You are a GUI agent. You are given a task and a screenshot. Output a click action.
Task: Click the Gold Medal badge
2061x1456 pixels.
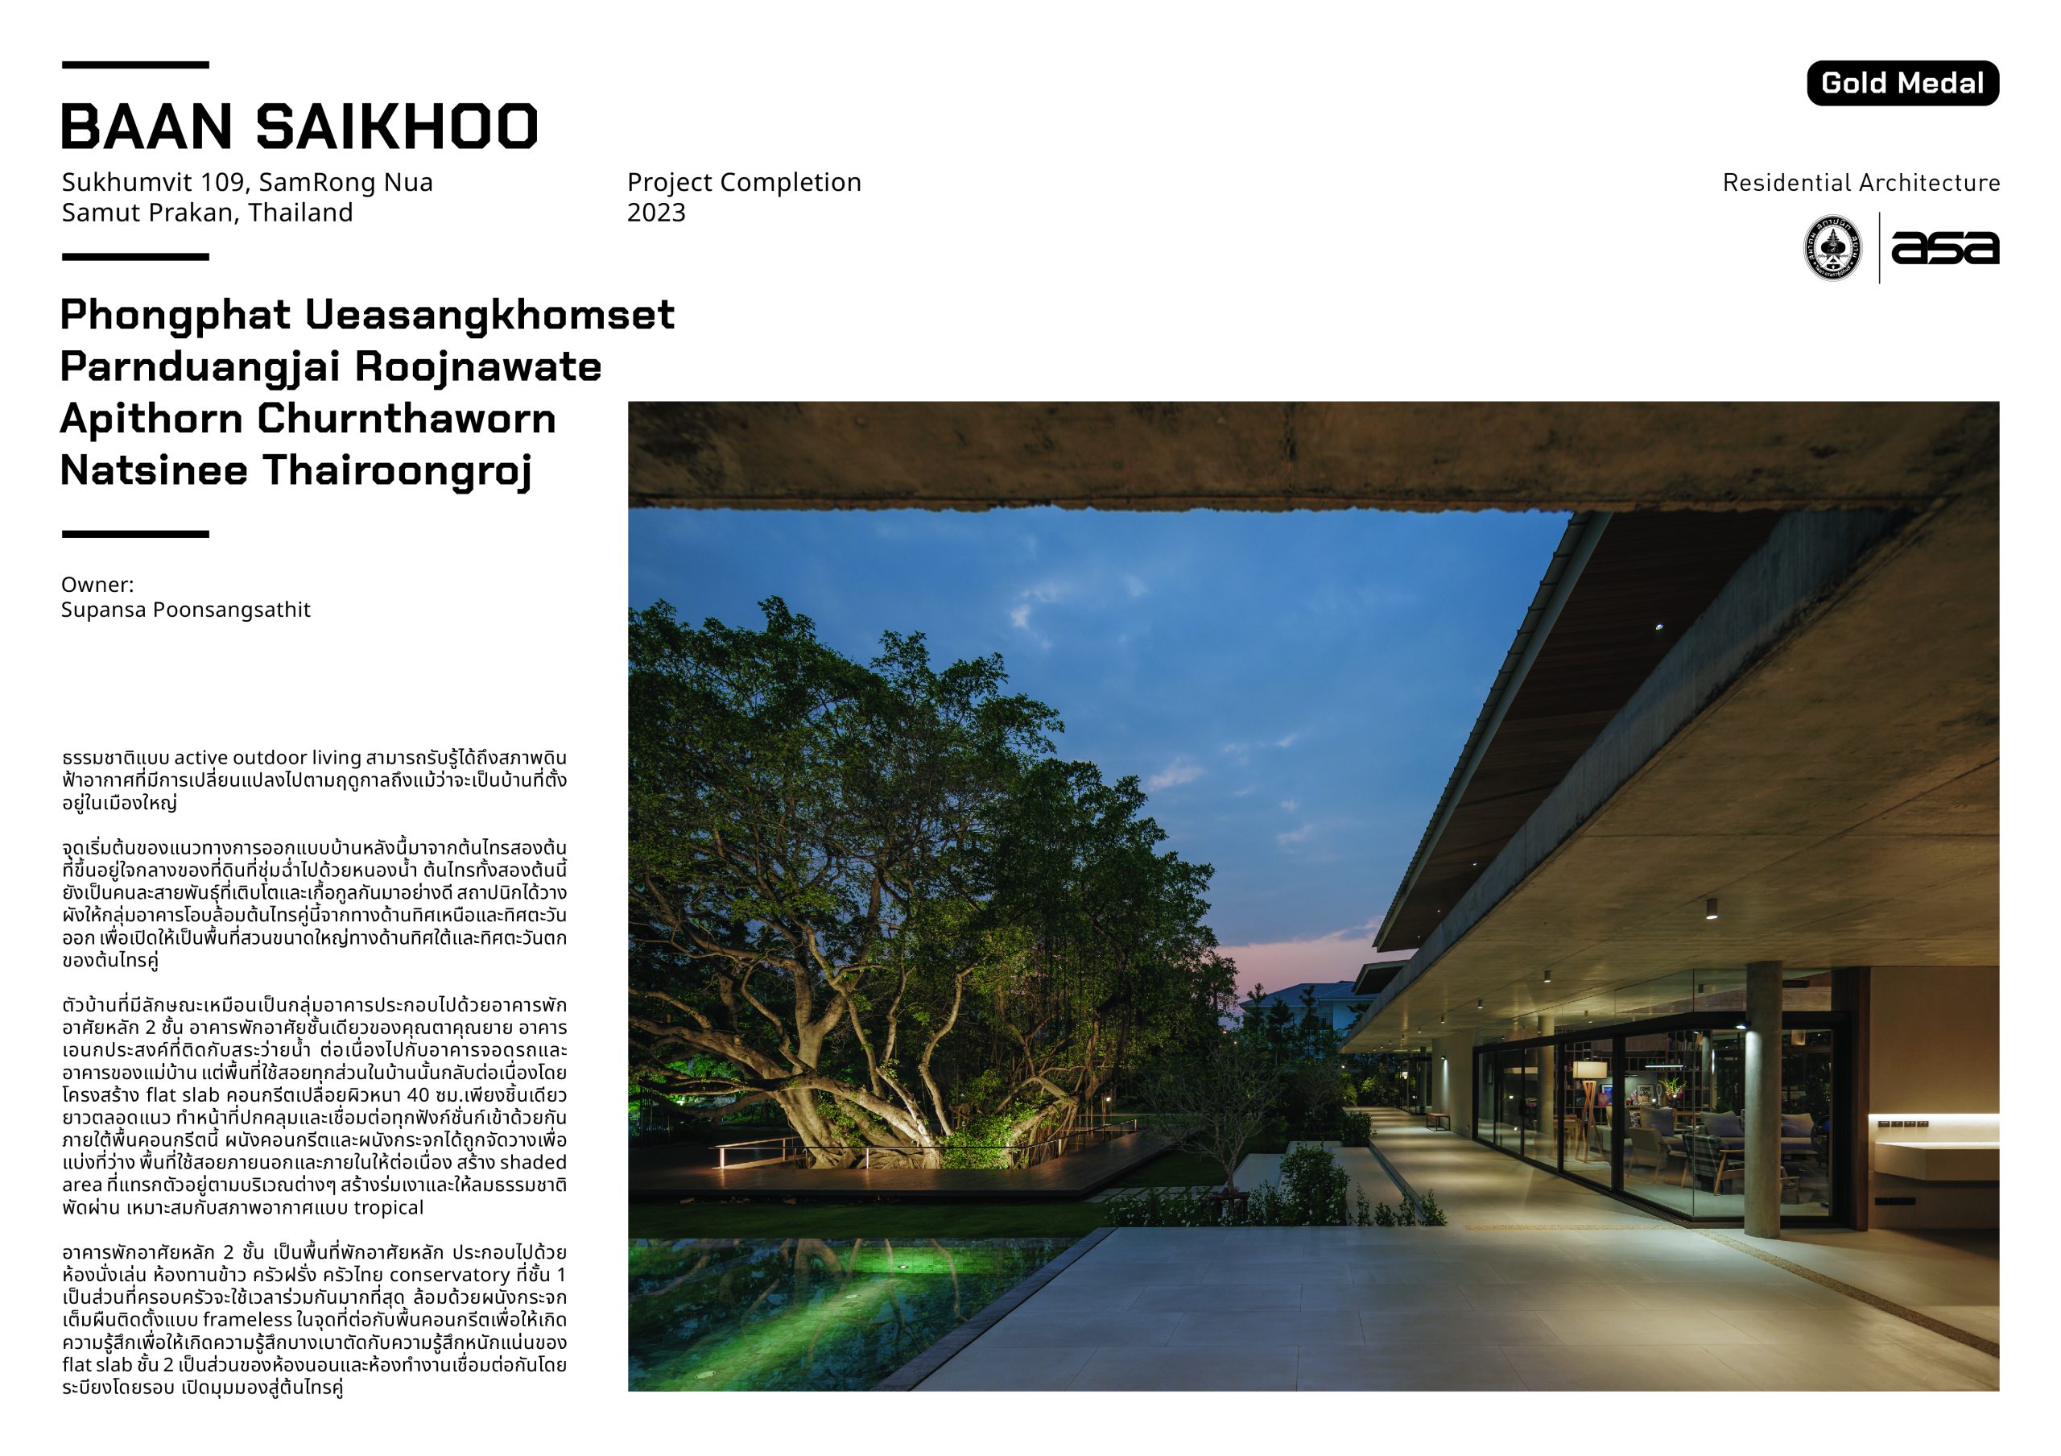click(x=1902, y=84)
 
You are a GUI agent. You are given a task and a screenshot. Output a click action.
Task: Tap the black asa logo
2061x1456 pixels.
click(x=1944, y=248)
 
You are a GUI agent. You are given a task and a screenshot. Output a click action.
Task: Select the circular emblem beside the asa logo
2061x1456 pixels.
click(x=1832, y=248)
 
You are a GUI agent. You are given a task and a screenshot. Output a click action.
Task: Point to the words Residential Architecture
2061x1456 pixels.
click(x=1861, y=183)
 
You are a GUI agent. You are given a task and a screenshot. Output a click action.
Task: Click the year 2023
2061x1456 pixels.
click(x=656, y=213)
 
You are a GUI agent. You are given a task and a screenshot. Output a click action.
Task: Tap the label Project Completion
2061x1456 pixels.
click(x=744, y=182)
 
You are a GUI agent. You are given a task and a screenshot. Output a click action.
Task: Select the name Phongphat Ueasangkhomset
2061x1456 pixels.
click(x=367, y=315)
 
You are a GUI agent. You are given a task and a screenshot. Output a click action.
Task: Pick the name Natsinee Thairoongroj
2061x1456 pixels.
click(x=296, y=471)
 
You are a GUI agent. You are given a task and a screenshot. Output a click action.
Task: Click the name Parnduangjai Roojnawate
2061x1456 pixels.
click(x=330, y=367)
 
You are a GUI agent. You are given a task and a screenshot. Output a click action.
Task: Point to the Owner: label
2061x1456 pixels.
click(x=97, y=585)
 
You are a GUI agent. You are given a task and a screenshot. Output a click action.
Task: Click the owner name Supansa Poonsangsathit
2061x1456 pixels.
click(x=186, y=610)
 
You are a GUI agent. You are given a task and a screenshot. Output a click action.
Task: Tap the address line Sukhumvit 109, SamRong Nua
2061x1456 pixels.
click(x=247, y=182)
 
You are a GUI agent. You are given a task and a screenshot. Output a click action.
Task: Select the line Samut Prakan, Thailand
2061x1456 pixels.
click(x=208, y=213)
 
